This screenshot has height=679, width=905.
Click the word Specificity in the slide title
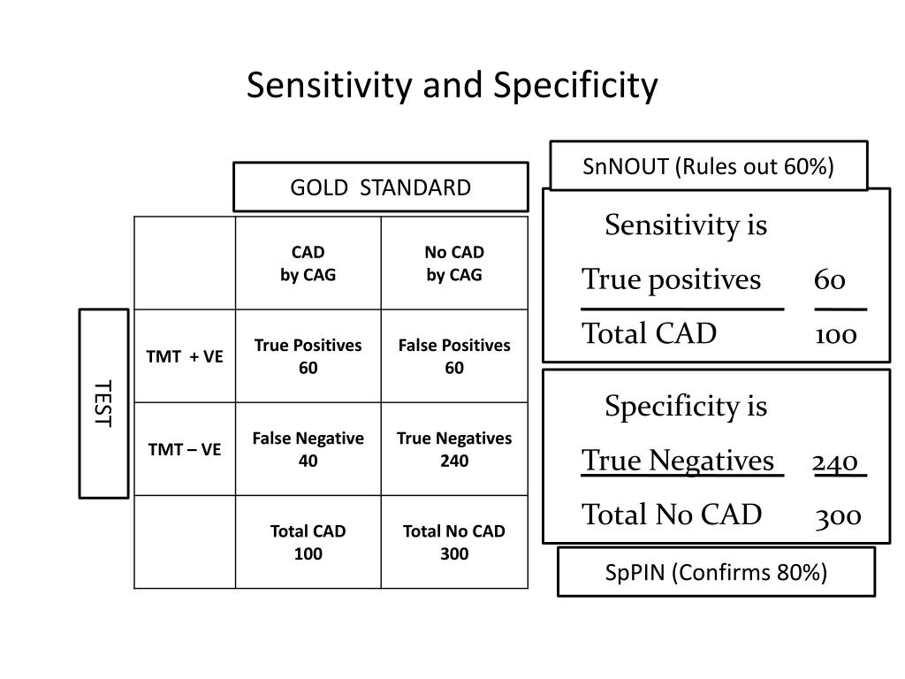point(575,86)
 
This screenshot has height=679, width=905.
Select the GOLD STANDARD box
point(381,187)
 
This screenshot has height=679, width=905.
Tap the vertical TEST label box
point(103,403)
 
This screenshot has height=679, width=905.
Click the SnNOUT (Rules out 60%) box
point(708,166)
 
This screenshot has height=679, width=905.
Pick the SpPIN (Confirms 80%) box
point(716,572)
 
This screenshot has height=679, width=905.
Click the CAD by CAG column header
point(308,263)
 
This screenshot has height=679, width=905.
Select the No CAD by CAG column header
point(454,263)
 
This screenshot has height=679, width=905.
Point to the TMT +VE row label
point(185,356)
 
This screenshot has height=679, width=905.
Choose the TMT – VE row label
point(185,449)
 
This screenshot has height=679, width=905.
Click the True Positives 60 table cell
point(308,356)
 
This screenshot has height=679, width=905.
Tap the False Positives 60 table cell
point(454,356)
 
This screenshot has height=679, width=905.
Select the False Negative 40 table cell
point(308,449)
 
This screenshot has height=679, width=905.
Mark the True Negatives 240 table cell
point(454,449)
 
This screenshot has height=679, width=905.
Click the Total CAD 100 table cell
point(308,542)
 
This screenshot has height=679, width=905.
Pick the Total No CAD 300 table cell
point(454,542)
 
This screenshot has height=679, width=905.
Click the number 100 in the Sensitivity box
point(836,334)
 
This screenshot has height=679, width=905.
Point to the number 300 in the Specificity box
point(838,515)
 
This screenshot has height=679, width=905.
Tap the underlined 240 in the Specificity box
point(836,462)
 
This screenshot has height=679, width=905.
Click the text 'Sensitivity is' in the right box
point(686,226)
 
